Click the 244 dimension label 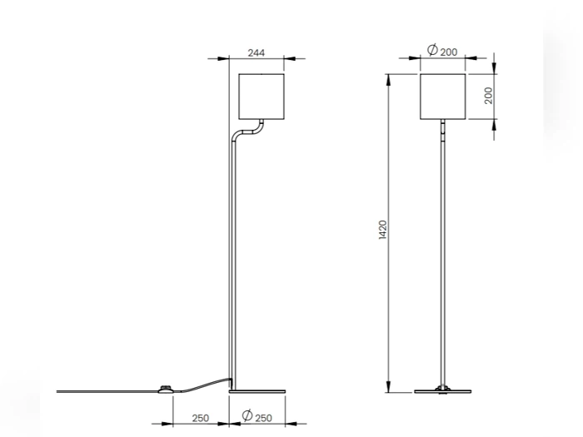(257, 52)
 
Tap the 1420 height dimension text (382, 230)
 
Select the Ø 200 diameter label (442, 51)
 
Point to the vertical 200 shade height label (489, 96)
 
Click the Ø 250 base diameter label (257, 416)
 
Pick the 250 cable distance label (201, 419)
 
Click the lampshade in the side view (262, 97)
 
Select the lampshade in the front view (443, 97)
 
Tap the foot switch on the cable (166, 389)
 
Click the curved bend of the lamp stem (248, 132)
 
